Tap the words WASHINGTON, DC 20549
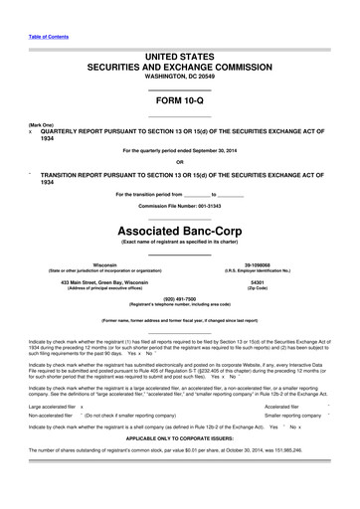pos(179,76)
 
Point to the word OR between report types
pos(179,162)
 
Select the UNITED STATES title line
pos(179,57)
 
